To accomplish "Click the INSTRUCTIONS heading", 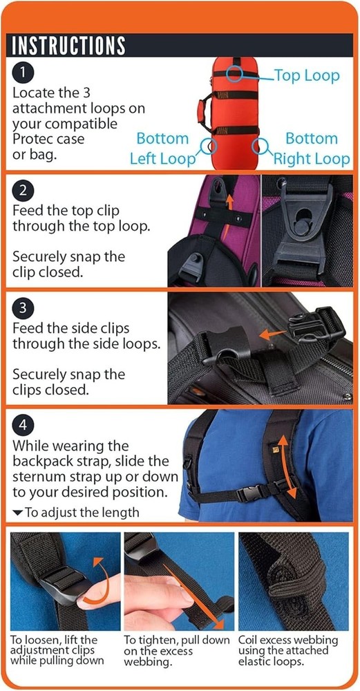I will pyautogui.click(x=67, y=45).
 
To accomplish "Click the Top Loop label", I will pyautogui.click(x=307, y=75).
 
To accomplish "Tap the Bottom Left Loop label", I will pyautogui.click(x=162, y=149).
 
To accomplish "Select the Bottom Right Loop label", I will pyautogui.click(x=312, y=149).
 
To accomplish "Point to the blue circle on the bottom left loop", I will pyautogui.click(x=209, y=146).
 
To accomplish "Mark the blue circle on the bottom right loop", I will pyautogui.click(x=260, y=146).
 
